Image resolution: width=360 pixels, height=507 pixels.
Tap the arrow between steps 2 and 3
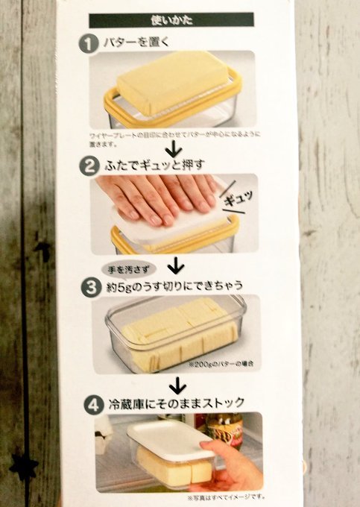tap(176, 265)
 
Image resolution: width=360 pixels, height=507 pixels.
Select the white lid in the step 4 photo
tap(168, 436)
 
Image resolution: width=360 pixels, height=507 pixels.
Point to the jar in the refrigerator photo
tap(224, 429)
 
